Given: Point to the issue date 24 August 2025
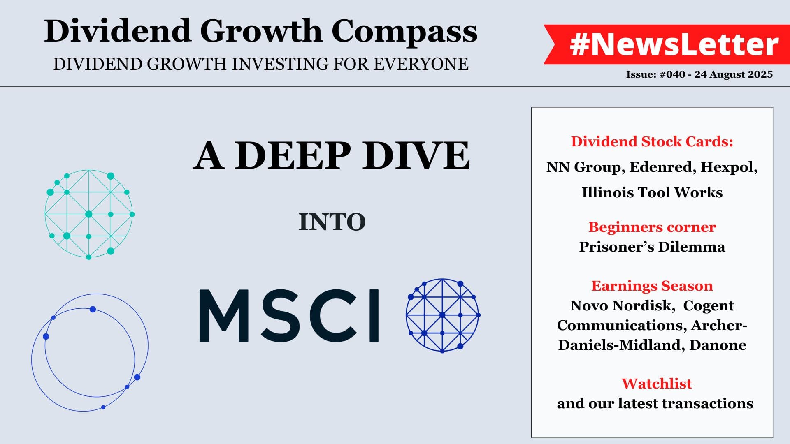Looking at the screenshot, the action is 734,74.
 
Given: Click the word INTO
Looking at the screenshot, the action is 332,222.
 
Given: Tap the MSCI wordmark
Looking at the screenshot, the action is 289,316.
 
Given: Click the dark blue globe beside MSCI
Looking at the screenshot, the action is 443,315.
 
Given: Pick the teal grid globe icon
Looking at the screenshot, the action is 89,214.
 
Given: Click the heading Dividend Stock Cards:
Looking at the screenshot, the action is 652,141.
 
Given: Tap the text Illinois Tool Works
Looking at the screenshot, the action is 652,192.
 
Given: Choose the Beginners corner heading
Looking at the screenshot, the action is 652,227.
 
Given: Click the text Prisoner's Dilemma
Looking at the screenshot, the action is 652,247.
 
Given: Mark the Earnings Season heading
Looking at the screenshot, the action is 652,286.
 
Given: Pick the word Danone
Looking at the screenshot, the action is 718,345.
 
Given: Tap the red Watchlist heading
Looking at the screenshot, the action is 657,384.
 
